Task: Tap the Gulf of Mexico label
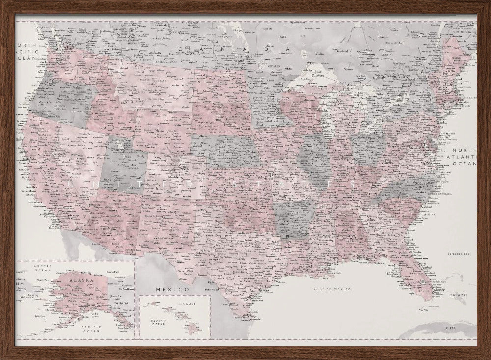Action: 332,289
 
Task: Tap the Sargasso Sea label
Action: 459,253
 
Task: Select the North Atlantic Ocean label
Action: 464,157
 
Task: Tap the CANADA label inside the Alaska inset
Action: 120,303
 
